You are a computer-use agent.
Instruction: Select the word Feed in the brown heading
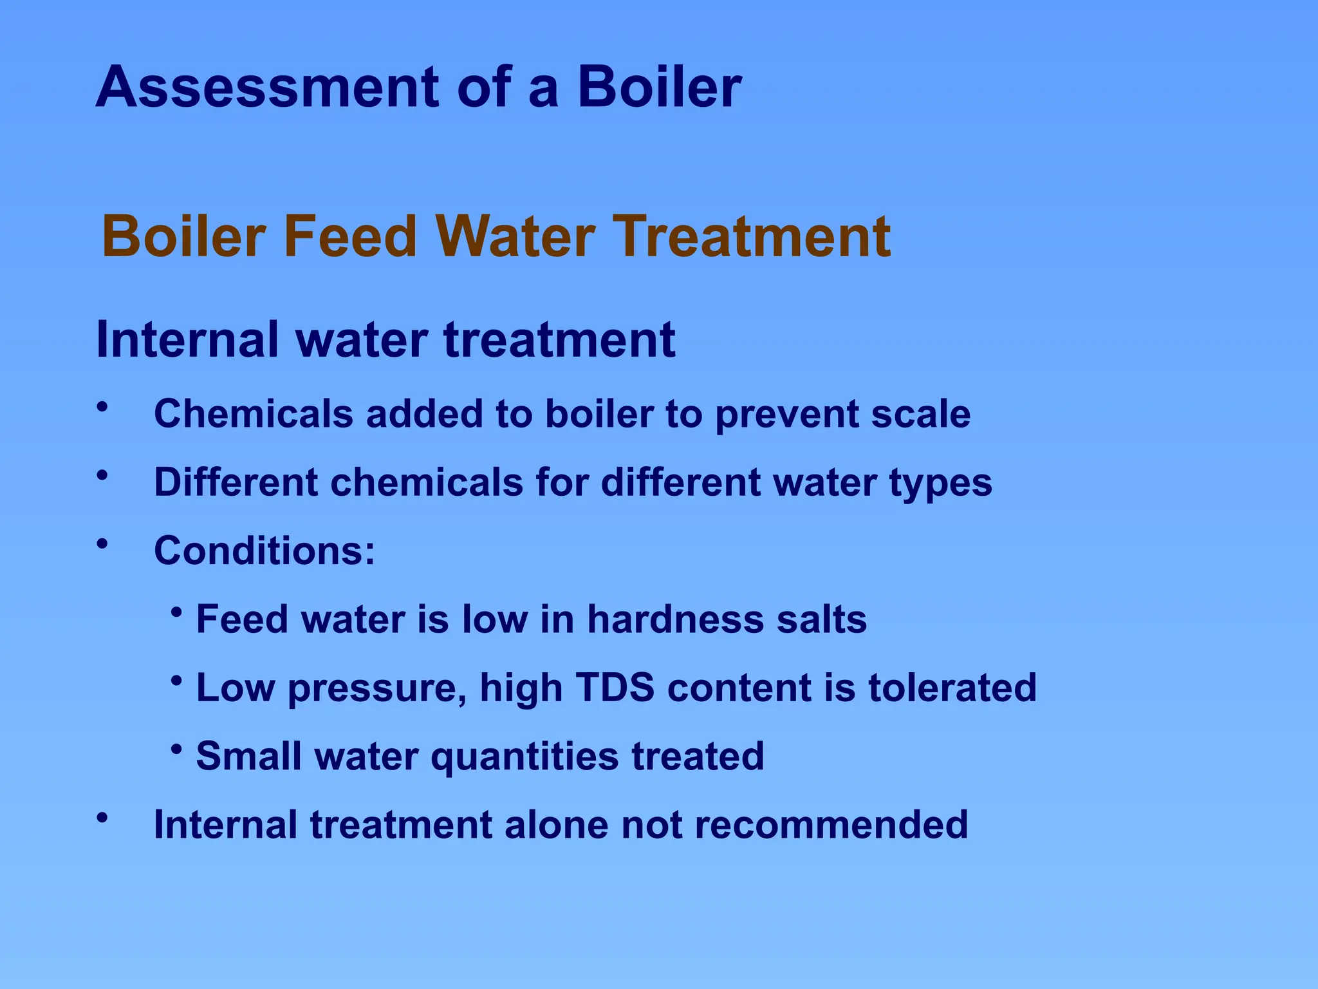[350, 236]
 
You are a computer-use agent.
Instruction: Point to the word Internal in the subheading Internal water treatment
[187, 339]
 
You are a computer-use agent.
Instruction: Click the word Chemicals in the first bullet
[254, 413]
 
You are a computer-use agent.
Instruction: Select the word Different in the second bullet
[236, 482]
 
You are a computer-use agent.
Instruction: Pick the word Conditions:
[265, 551]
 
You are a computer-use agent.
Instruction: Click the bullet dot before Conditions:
[102, 543]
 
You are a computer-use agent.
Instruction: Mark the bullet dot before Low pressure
[176, 680]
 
